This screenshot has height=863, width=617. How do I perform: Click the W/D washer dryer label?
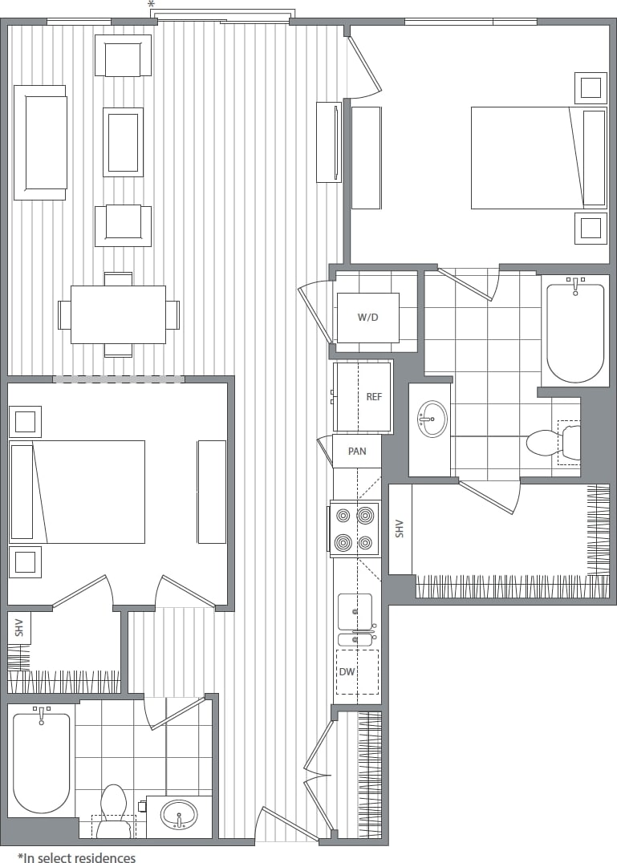[367, 318]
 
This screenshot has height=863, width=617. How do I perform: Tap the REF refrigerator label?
[374, 397]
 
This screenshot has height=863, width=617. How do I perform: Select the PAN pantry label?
[357, 452]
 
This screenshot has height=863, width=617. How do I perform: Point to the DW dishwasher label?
[347, 672]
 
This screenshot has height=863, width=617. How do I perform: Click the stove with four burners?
[354, 529]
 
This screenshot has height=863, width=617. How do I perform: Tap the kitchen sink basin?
[355, 612]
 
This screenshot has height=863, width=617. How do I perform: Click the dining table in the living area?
[118, 314]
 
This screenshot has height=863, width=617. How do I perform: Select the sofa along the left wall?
[40, 142]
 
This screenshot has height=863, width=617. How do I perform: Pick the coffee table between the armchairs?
[123, 142]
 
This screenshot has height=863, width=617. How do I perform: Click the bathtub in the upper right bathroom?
[574, 330]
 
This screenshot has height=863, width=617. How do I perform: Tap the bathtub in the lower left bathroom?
[41, 761]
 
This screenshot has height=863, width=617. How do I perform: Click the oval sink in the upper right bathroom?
[432, 419]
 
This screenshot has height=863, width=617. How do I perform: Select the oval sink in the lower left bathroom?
[179, 815]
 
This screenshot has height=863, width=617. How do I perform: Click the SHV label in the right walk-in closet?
[400, 529]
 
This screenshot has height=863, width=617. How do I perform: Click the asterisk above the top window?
[152, 6]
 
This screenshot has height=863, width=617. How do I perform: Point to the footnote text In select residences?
[76, 858]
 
